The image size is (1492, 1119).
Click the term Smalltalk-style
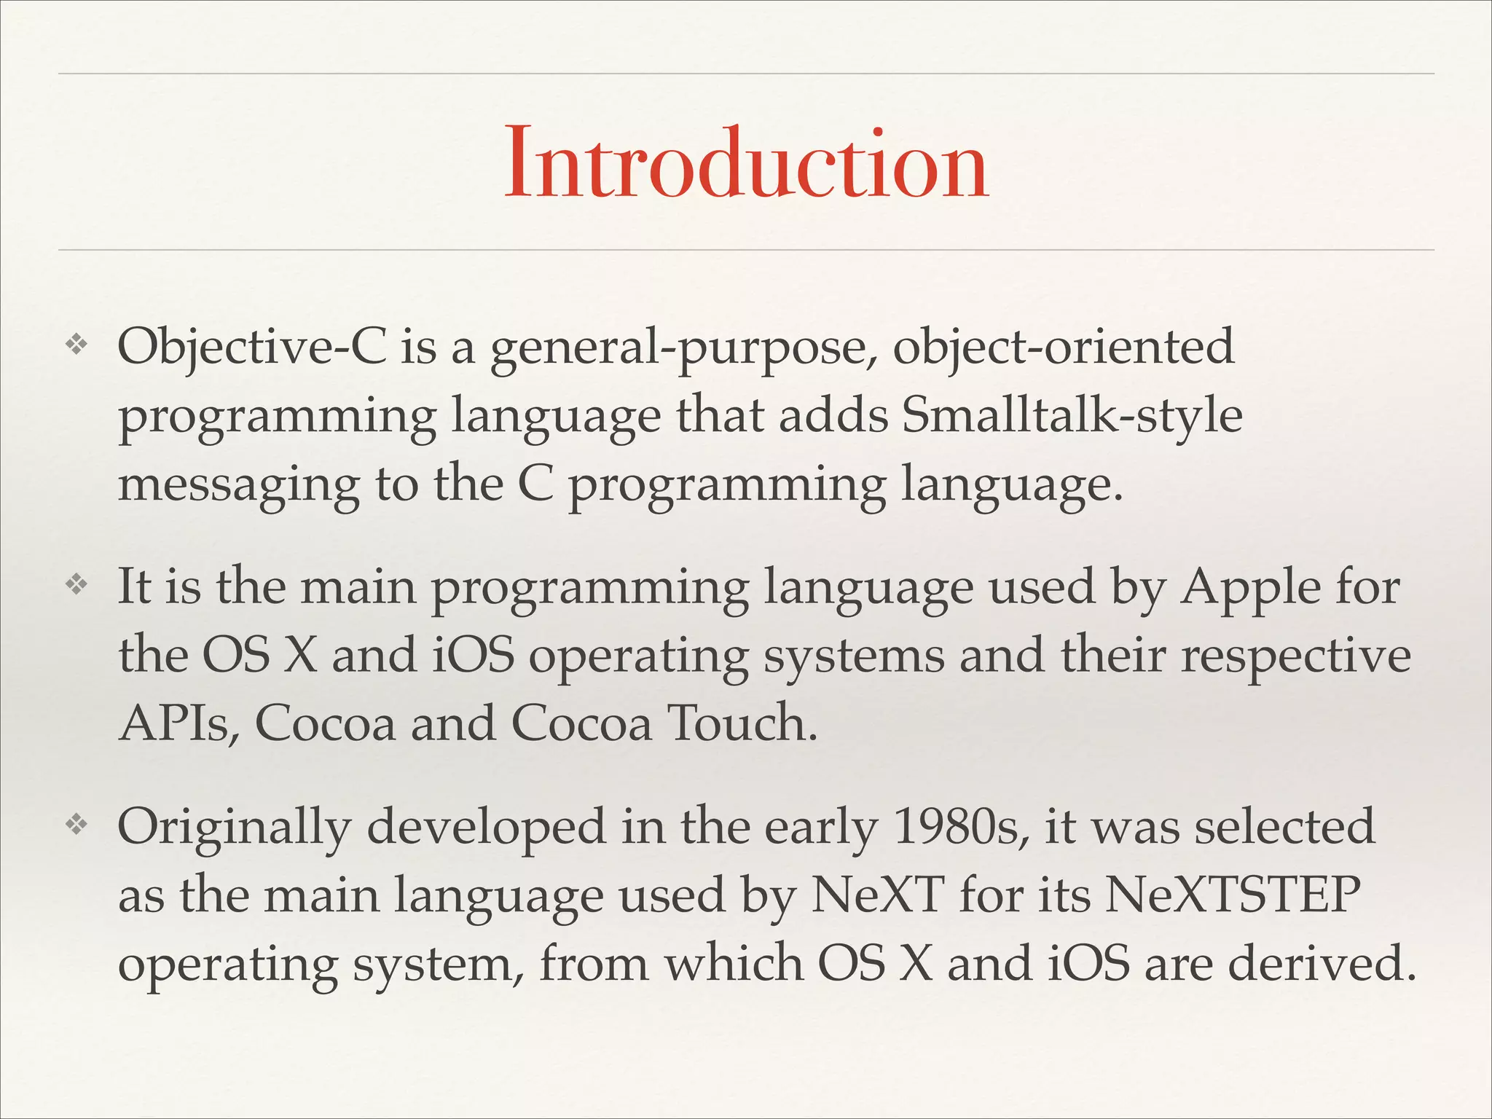pyautogui.click(x=1072, y=417)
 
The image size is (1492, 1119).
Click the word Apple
pyautogui.click(x=1250, y=589)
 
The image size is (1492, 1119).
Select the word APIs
pyautogui.click(x=178, y=724)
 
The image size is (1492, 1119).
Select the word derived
pyautogui.click(x=1322, y=963)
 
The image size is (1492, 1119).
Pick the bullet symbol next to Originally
pyautogui.click(x=76, y=824)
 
